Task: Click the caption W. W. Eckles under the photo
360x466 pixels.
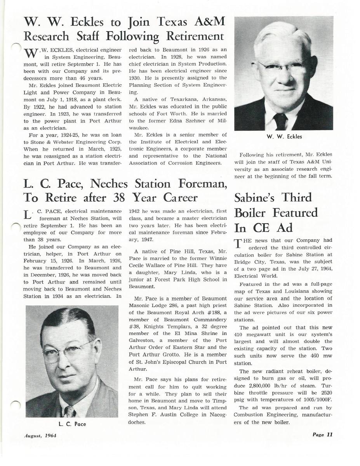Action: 284,136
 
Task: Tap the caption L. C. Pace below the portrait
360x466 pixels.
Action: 72,424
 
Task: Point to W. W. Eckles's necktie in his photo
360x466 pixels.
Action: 280,121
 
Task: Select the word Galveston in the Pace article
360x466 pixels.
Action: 143,340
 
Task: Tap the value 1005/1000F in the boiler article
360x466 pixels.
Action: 314,400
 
